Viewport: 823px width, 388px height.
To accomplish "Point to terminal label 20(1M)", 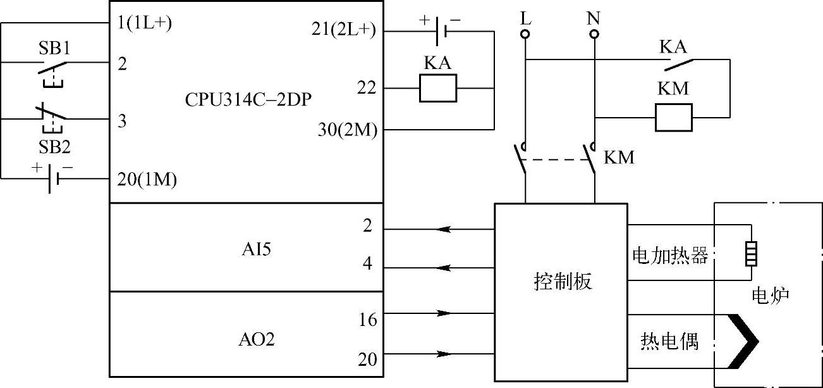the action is coord(147,180).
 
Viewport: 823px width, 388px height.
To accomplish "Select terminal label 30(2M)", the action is coord(348,130).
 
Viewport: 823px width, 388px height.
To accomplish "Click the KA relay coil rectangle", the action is coord(438,88).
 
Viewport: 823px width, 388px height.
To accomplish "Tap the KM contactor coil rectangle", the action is coord(673,117).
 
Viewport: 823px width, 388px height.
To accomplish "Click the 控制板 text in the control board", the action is coord(562,282).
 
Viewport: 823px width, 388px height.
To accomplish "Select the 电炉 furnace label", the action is coord(771,296).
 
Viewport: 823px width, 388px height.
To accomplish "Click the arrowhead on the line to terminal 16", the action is coord(444,313).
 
